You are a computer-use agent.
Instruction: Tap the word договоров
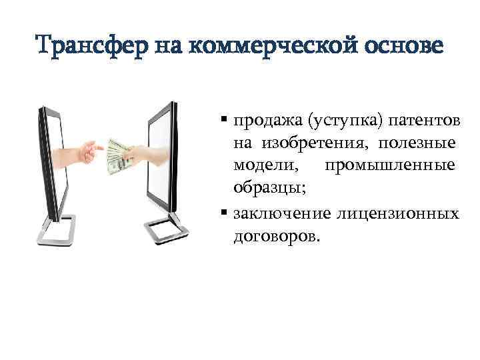pyautogui.click(x=276, y=236)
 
